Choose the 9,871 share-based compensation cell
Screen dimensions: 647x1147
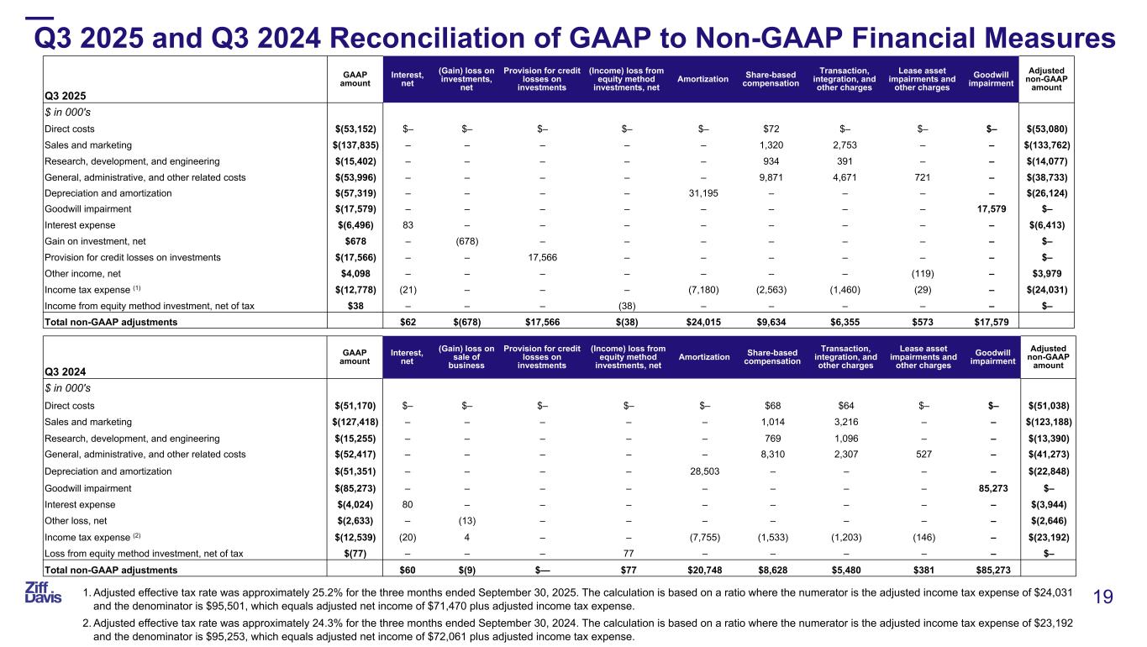click(x=771, y=176)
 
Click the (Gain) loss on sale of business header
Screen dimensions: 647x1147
click(x=467, y=357)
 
